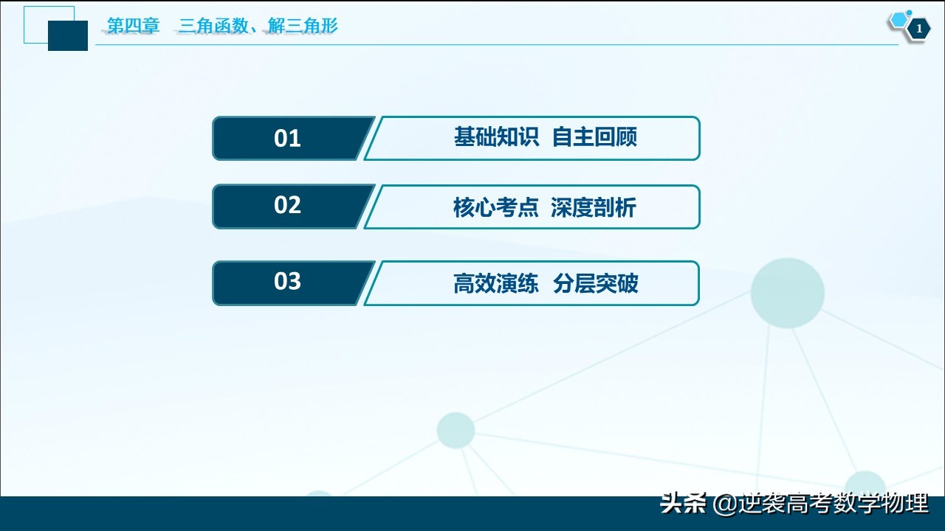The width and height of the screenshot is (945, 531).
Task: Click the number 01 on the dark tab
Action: click(x=287, y=139)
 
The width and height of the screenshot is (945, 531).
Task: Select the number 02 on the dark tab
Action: click(x=287, y=205)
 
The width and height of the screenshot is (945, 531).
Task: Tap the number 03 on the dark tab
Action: click(x=287, y=282)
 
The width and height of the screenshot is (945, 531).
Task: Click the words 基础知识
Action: click(x=496, y=137)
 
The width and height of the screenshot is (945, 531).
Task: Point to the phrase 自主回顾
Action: click(x=594, y=137)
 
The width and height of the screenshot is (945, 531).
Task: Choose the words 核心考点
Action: click(x=495, y=208)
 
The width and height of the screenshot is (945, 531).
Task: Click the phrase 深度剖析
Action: click(x=593, y=208)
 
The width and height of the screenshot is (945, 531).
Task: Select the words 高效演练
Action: click(x=496, y=284)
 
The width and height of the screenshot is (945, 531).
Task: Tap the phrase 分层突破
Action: click(x=595, y=284)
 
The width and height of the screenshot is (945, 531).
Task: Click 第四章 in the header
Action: click(x=134, y=27)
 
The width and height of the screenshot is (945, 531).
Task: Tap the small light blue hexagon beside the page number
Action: click(x=898, y=21)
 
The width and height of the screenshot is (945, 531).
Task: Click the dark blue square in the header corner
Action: click(x=68, y=35)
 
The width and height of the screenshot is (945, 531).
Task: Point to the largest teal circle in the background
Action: click(x=787, y=293)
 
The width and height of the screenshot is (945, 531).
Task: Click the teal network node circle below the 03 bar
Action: click(x=456, y=430)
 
